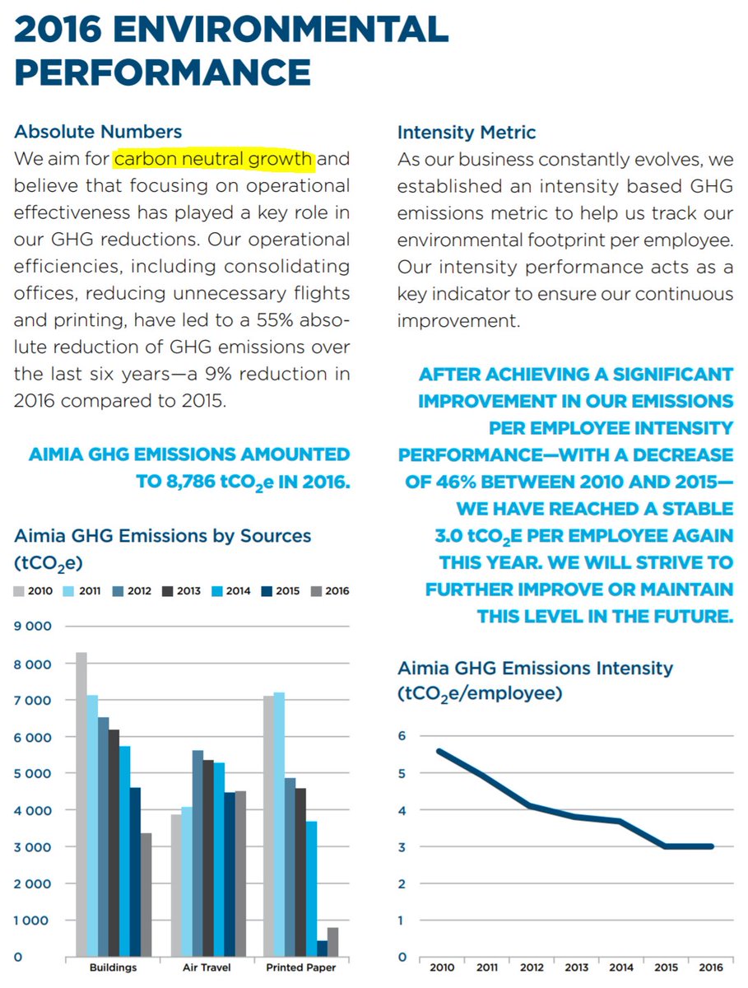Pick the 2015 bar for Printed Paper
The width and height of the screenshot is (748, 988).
coord(323,948)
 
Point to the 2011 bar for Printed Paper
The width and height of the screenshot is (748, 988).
coord(280,823)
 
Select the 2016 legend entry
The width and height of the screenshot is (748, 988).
coord(331,591)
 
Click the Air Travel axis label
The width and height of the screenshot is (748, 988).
coord(206,968)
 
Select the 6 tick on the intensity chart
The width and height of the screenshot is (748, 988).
coord(402,736)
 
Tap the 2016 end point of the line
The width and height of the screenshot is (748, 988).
coord(712,846)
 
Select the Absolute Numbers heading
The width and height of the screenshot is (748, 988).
coord(98,132)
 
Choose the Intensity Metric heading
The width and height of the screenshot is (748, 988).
coord(467,132)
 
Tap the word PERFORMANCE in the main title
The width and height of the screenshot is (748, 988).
coord(162,72)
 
